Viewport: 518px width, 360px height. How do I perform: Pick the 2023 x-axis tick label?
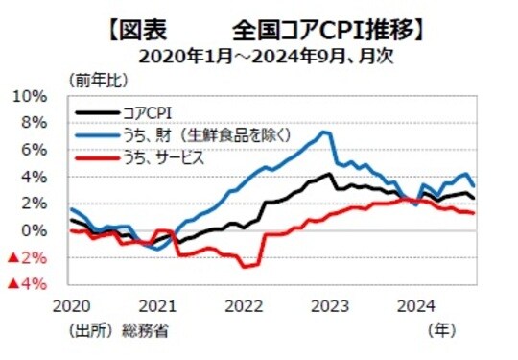331,307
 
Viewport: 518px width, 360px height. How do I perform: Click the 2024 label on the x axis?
417,307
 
